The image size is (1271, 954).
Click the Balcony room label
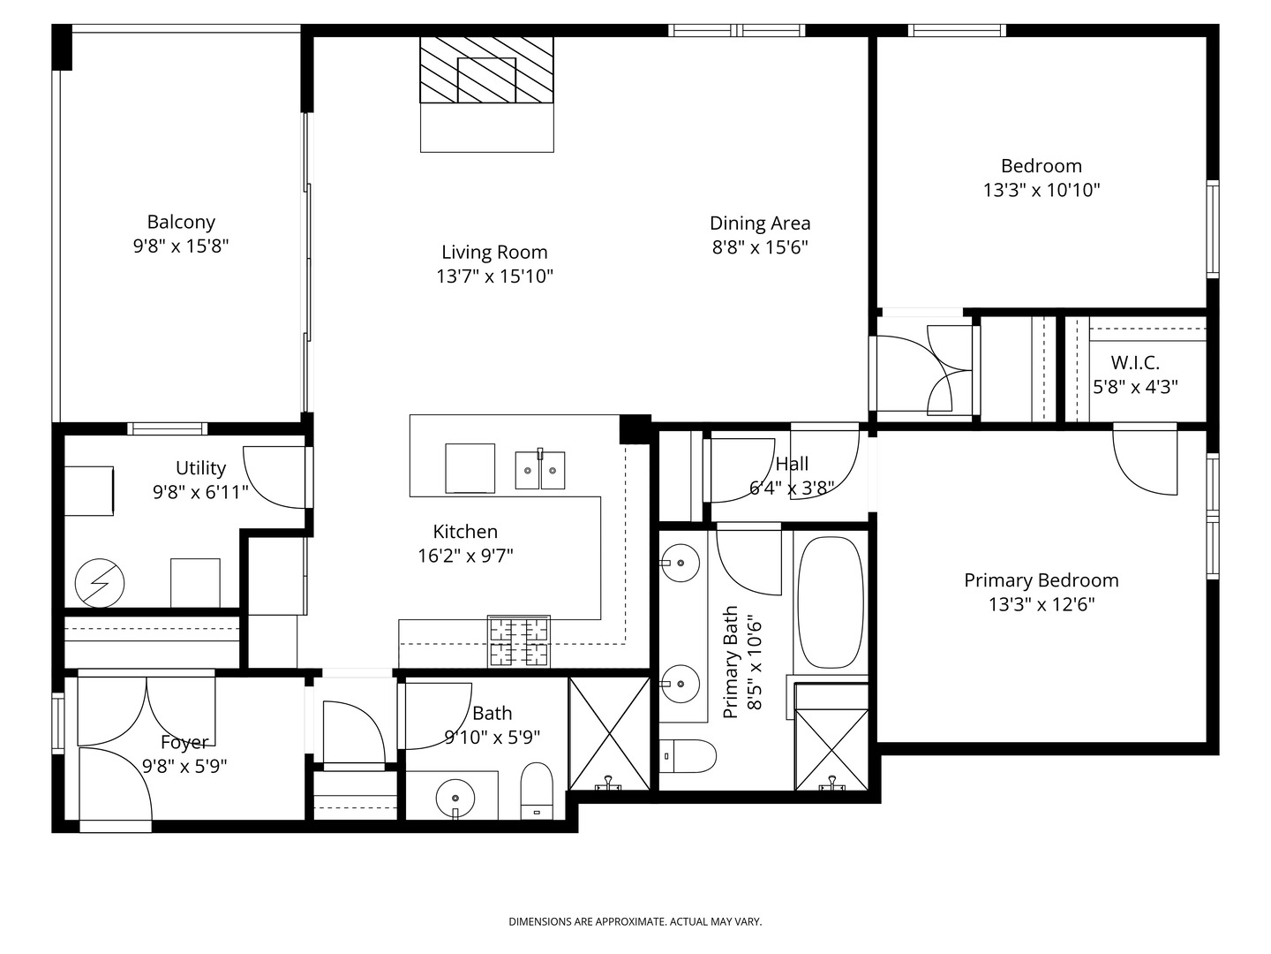181,223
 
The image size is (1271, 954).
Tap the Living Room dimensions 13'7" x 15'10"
494,276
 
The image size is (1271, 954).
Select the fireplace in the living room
486,71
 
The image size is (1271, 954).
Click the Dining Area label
760,223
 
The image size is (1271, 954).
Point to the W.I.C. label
1135,363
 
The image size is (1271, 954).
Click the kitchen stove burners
519,640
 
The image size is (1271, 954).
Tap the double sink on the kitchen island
540,469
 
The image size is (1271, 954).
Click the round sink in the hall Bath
455,798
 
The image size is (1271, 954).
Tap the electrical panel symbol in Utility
99,583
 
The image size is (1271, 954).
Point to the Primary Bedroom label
1042,580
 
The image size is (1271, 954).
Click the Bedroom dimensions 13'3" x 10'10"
1042,190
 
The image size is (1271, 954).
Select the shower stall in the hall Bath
609,733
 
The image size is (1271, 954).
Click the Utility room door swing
275,477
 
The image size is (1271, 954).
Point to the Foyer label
184,743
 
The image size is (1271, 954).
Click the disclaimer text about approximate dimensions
635,921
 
